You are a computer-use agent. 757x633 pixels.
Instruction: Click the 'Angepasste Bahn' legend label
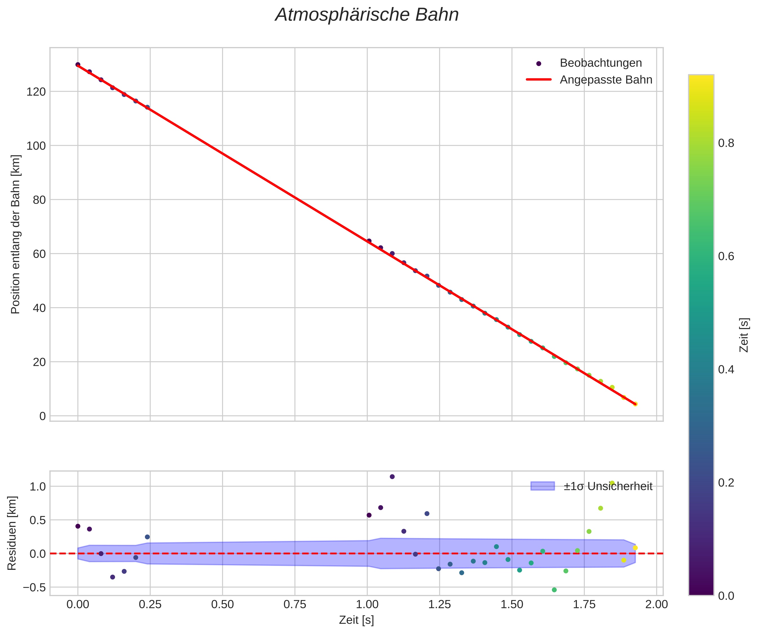point(606,80)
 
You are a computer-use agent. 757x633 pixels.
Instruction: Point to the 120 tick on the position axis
point(36,92)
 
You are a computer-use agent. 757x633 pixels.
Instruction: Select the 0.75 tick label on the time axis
point(295,605)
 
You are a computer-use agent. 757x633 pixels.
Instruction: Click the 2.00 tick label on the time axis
point(656,605)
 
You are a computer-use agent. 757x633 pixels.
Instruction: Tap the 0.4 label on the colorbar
point(726,370)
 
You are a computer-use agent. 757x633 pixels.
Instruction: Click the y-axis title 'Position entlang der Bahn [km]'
point(16,234)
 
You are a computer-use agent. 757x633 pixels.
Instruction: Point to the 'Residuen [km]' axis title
point(12,533)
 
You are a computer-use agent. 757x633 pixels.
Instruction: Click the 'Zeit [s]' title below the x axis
point(356,620)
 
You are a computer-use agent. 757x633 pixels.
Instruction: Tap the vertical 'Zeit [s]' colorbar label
point(744,335)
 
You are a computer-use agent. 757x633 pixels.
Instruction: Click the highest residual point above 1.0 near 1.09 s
point(392,477)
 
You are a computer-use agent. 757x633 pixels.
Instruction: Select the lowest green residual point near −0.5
point(554,590)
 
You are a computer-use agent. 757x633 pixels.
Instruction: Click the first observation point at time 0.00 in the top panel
point(78,65)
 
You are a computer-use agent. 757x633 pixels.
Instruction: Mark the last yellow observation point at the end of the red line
point(635,404)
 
